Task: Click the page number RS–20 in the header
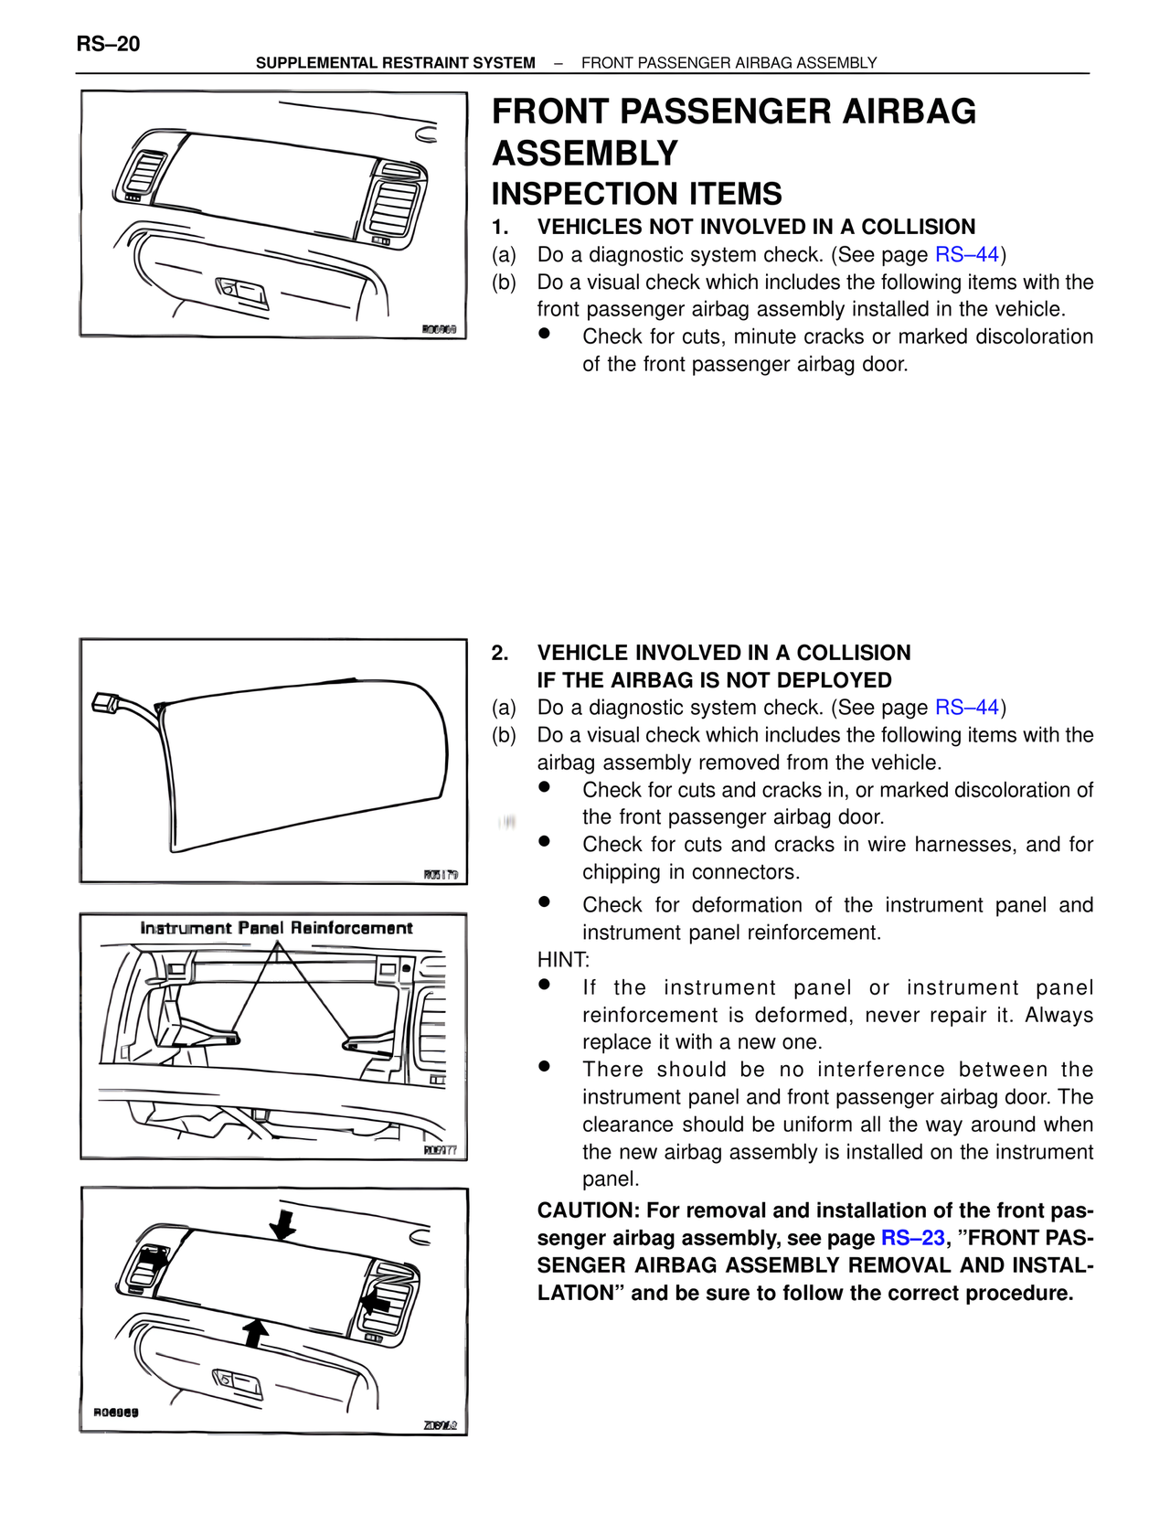coord(108,44)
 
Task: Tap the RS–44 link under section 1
coord(966,255)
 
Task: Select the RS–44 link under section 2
coord(966,708)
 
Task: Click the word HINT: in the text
coord(563,960)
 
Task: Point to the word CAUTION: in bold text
coord(588,1210)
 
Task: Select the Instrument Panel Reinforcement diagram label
coord(276,928)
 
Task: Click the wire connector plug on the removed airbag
coord(104,703)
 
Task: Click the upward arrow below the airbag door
coord(257,1332)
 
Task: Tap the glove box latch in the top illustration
coord(242,293)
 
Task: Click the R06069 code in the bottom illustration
coord(116,1413)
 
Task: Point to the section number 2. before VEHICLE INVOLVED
coord(500,653)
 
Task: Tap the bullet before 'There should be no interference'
coord(545,1066)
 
